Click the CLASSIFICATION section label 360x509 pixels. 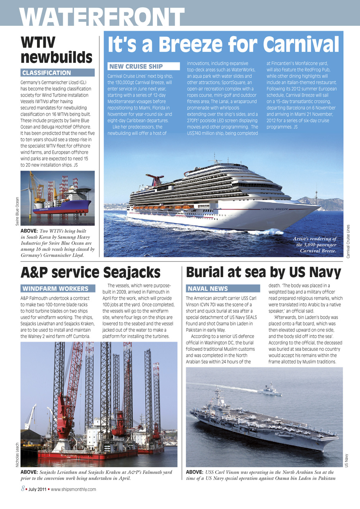tap(47, 73)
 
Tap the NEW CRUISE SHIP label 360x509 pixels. tap(136, 66)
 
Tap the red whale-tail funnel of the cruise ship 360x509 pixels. tap(154, 179)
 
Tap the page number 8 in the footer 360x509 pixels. tap(23, 489)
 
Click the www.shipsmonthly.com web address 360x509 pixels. tap(73, 490)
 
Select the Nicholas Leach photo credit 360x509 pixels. tap(17, 457)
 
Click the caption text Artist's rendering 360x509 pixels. tap(314, 239)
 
